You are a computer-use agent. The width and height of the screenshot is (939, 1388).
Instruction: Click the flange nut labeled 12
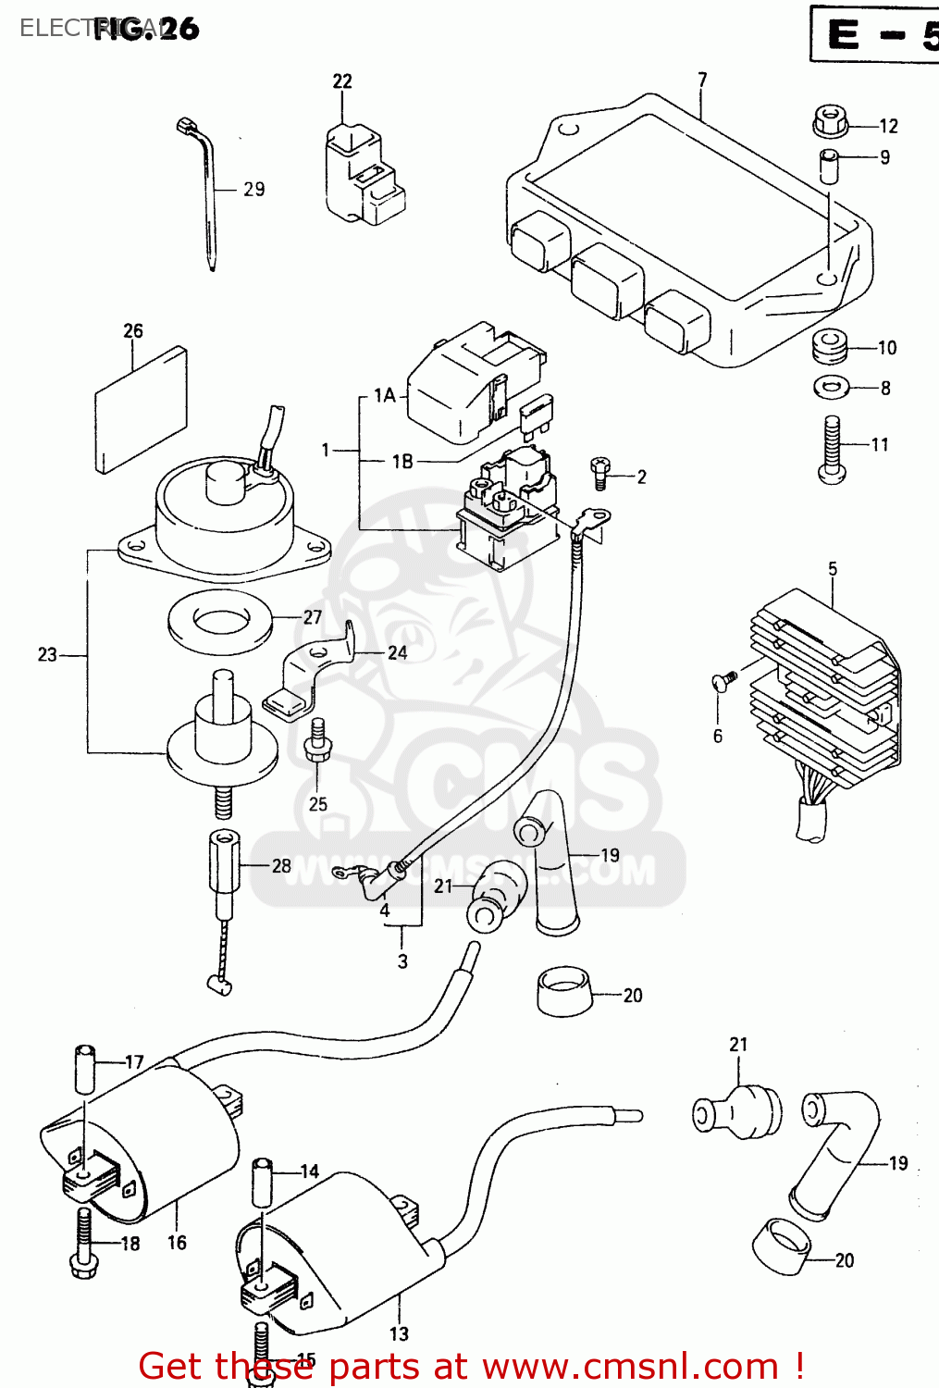click(x=830, y=121)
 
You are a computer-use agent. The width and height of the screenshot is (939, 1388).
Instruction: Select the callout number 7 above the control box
click(x=702, y=81)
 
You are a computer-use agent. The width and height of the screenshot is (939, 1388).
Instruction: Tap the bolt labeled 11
click(x=832, y=451)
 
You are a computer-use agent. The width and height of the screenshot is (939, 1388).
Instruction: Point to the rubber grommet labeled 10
click(x=830, y=346)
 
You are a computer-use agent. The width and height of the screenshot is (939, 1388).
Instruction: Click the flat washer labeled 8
click(x=832, y=387)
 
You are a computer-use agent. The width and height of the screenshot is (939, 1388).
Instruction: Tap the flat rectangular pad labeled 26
click(x=141, y=410)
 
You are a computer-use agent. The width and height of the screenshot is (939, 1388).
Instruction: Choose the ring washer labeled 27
click(x=220, y=621)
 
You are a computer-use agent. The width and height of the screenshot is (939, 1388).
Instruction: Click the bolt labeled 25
click(x=317, y=740)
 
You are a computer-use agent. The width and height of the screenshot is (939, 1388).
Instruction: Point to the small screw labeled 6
click(x=723, y=681)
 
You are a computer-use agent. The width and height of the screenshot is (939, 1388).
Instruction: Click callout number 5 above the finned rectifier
click(x=833, y=569)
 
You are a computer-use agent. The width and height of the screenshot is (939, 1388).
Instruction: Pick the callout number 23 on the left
click(x=47, y=655)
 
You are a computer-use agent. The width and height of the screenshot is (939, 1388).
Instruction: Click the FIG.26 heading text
click(x=146, y=29)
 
